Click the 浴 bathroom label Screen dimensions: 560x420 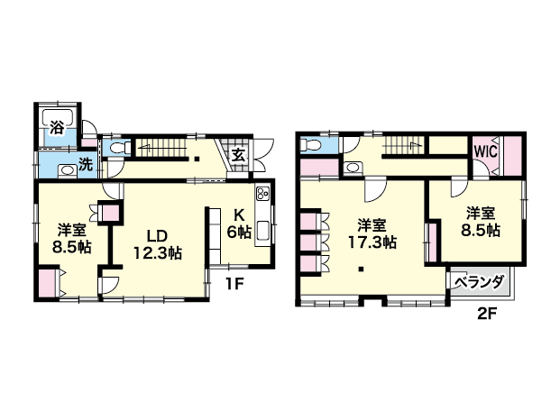pyautogui.click(x=57, y=127)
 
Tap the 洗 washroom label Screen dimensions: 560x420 pyautogui.click(x=86, y=165)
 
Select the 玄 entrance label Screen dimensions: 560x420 pyautogui.click(x=237, y=155)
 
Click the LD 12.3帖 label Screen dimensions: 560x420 pyautogui.click(x=158, y=244)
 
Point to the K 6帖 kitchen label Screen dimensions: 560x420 pyautogui.click(x=239, y=224)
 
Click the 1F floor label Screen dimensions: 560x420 pyautogui.click(x=234, y=284)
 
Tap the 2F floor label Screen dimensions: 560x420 pyautogui.click(x=487, y=314)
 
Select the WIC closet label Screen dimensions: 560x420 pyautogui.click(x=486, y=151)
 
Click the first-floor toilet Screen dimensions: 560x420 pyautogui.click(x=118, y=148)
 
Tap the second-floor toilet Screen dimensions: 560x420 pyautogui.click(x=309, y=145)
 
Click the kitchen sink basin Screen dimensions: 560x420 pyautogui.click(x=263, y=232)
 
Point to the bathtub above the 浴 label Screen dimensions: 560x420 pyautogui.click(x=58, y=118)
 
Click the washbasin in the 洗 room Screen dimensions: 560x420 pyautogui.click(x=67, y=170)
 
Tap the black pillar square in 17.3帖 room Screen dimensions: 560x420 pyautogui.click(x=362, y=269)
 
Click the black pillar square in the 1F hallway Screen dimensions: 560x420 pyautogui.click(x=197, y=160)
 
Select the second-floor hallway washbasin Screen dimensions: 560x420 pyautogui.click(x=353, y=168)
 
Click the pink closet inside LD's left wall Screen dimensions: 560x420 pyautogui.click(x=111, y=213)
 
